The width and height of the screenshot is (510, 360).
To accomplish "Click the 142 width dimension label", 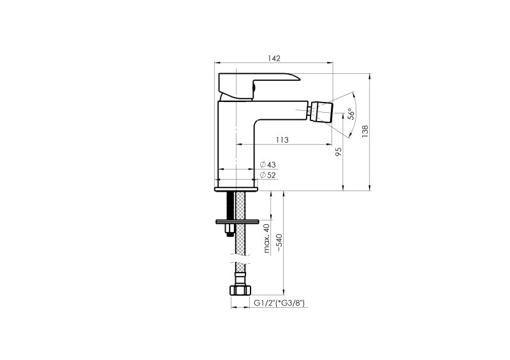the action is coord(274,59).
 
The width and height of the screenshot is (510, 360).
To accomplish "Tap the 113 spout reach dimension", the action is coord(282,140).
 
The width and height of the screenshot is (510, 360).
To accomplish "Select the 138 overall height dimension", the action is coord(365,131).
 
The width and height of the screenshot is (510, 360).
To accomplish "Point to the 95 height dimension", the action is coord(339,152).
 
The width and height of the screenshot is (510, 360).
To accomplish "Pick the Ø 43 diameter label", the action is coord(268,164).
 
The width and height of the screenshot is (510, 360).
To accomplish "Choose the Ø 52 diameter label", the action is coord(268,175).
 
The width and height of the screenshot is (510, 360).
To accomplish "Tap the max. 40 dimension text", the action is coord(267,239).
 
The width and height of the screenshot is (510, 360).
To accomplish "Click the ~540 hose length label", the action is coord(279,243).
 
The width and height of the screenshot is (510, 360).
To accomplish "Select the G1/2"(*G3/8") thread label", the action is coord(279,303).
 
